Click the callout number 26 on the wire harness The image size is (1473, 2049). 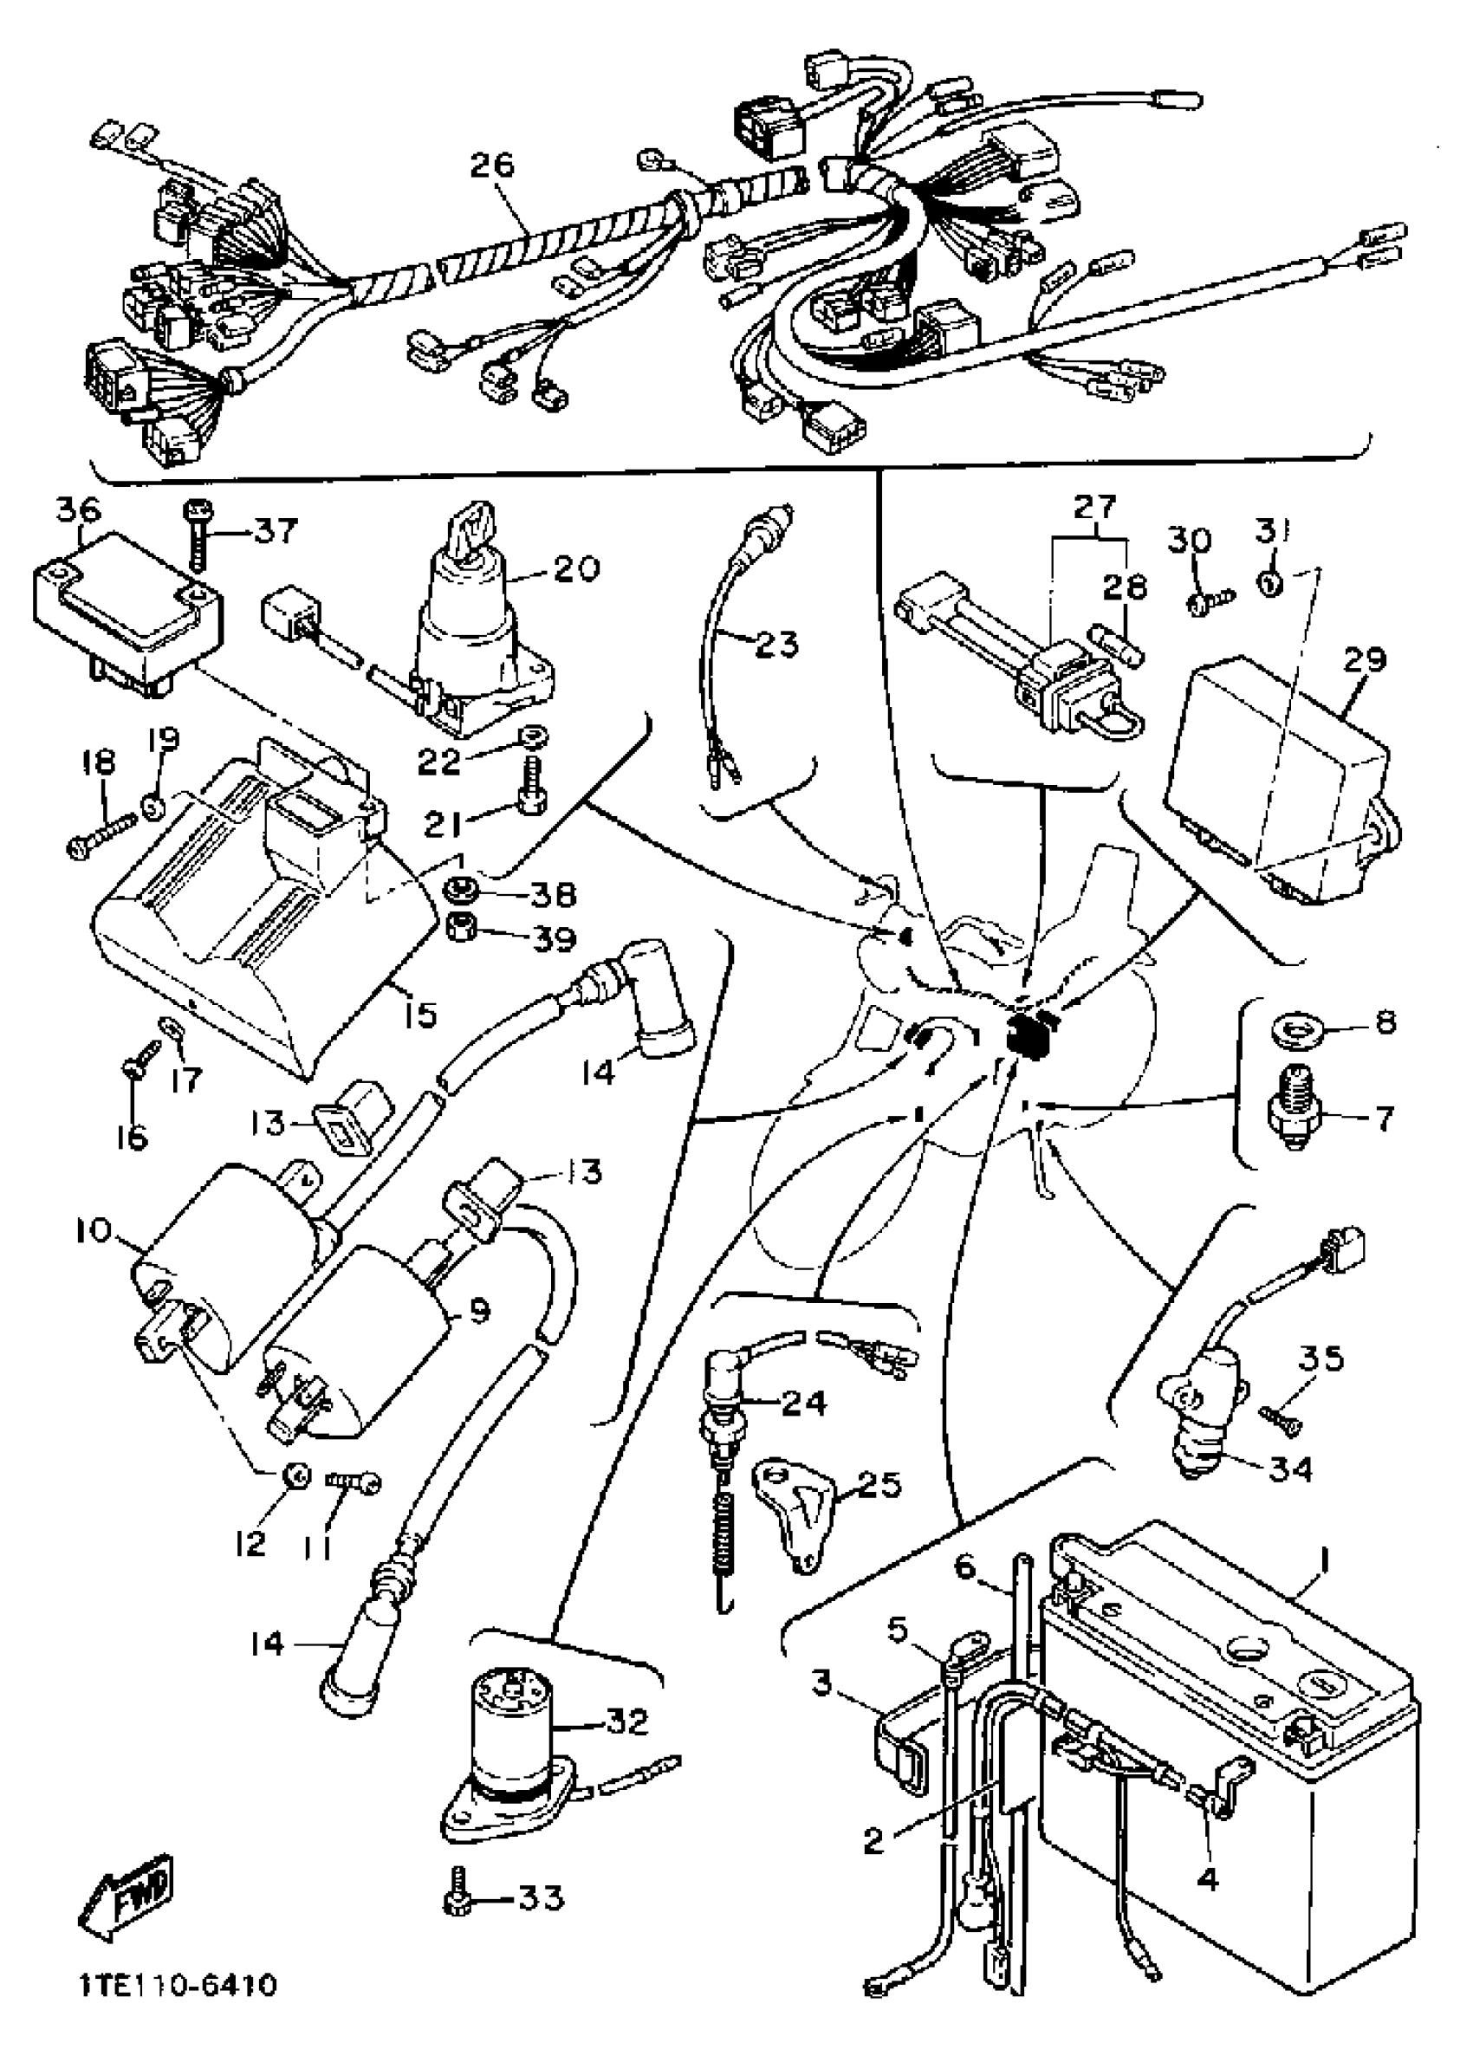[x=517, y=165]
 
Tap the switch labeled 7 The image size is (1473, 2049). [x=1295, y=1116]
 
